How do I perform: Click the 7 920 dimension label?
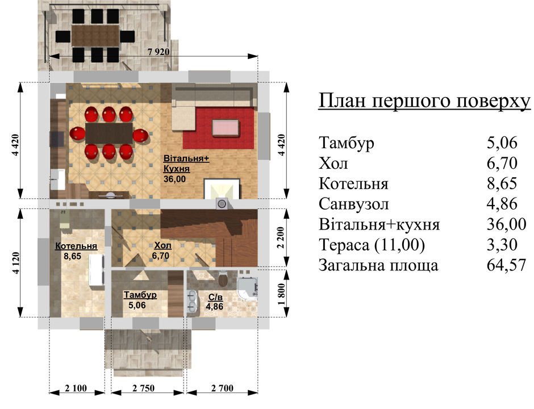(158, 52)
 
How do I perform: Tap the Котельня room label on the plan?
(76, 246)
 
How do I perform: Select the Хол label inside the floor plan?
(163, 245)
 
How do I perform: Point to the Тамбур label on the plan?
(140, 295)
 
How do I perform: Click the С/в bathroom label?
(215, 297)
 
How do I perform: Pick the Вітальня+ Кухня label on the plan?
(186, 164)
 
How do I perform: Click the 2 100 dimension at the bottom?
(76, 388)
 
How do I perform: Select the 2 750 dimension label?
(143, 388)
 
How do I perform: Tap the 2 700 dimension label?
(222, 388)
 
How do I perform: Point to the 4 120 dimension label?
(16, 263)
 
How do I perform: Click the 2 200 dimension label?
(281, 237)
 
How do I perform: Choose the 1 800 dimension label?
(281, 294)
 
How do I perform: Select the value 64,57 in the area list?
(506, 265)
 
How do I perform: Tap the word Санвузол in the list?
(353, 204)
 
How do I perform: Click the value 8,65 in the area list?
(502, 183)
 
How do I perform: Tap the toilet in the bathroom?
(223, 279)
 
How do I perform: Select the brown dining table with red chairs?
(109, 133)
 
